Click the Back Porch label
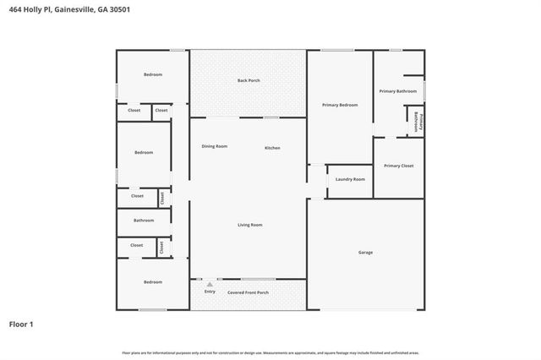(248, 80)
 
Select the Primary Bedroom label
(340, 105)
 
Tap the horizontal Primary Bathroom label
(397, 90)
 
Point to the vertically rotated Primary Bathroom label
(417, 123)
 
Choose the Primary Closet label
(398, 166)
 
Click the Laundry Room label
(350, 179)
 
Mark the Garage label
(365, 252)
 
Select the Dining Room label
(214, 146)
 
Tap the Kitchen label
(272, 148)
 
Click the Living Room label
(249, 225)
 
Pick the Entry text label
(210, 292)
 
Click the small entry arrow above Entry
(210, 285)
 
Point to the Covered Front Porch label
(249, 292)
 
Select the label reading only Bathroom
(144, 220)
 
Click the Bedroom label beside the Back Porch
(152, 74)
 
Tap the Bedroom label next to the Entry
(152, 281)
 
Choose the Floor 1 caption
(21, 324)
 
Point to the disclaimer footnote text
(270, 352)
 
